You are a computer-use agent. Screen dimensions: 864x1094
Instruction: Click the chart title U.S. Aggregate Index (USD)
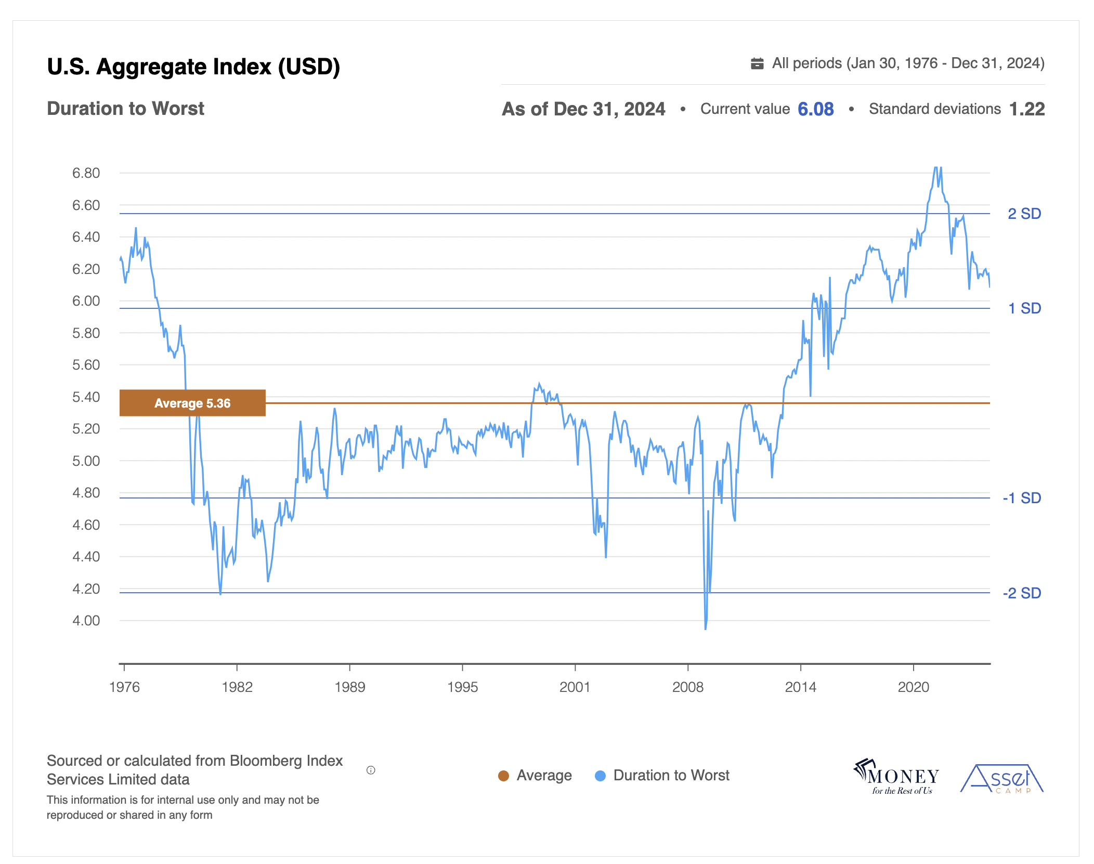[x=193, y=67]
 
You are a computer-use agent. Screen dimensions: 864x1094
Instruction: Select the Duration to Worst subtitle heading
[x=125, y=109]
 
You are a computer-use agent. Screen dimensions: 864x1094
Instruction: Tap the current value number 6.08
[x=815, y=109]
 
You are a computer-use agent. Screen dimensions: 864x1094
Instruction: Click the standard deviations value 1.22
[x=1026, y=109]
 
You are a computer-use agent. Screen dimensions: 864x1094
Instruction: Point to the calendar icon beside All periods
[x=757, y=63]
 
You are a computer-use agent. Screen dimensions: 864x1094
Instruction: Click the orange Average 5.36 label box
[x=192, y=403]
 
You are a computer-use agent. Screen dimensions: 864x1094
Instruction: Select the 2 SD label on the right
[x=1024, y=214]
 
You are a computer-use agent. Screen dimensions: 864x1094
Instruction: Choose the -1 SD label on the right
[x=1021, y=498]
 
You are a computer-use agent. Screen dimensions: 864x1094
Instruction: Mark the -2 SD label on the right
[x=1021, y=593]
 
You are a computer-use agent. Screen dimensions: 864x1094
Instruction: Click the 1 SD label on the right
[x=1024, y=308]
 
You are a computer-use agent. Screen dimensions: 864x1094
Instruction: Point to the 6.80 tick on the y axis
[x=86, y=173]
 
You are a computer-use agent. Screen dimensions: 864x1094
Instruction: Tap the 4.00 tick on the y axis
[x=86, y=621]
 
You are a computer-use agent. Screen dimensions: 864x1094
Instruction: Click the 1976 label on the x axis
[x=124, y=687]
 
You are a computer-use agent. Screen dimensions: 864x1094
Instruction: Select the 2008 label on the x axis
[x=687, y=687]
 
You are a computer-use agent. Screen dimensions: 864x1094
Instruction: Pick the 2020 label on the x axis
[x=913, y=687]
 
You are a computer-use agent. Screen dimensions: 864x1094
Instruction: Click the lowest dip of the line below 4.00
[x=706, y=629]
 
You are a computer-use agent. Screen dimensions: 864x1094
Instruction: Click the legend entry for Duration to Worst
[x=671, y=776]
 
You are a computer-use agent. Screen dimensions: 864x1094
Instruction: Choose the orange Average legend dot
[x=503, y=776]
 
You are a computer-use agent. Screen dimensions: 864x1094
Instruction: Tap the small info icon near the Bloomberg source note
[x=371, y=770]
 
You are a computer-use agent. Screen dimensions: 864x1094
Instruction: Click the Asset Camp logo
[x=1001, y=779]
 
